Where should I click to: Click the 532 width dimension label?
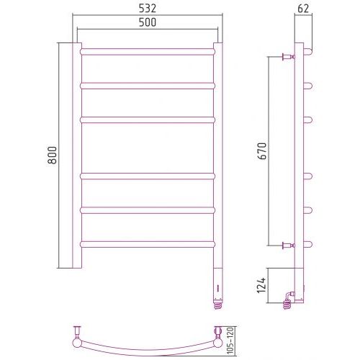pos(148,9)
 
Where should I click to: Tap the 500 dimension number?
pos(148,22)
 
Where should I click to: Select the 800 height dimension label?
pos(52,155)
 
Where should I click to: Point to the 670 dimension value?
pos(262,151)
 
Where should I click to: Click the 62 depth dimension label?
pos(303,9)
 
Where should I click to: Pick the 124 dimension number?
pos(261,285)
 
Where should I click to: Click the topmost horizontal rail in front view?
pos(148,52)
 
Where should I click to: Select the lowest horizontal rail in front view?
pos(148,244)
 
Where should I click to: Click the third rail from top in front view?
pos(148,120)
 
